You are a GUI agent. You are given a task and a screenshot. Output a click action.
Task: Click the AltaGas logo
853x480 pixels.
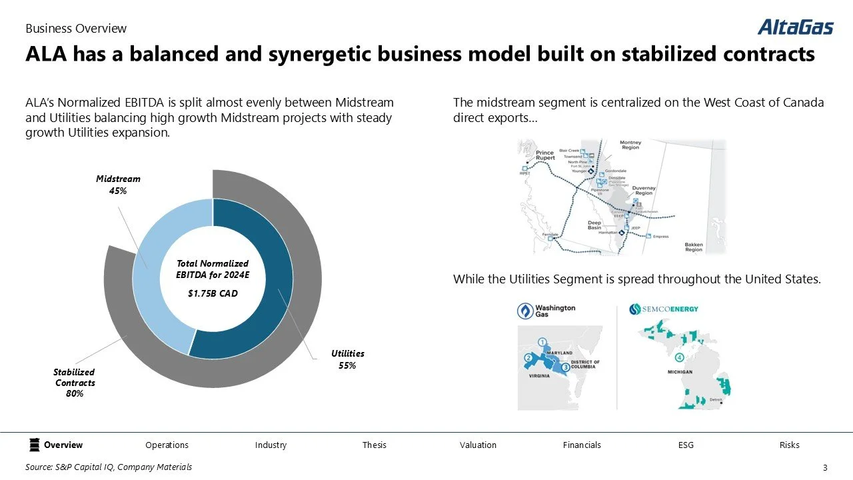(795, 27)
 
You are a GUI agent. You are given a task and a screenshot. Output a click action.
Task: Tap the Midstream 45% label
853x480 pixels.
(118, 185)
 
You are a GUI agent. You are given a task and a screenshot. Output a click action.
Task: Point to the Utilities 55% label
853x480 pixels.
(347, 359)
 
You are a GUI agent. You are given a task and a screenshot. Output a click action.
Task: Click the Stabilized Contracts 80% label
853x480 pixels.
(75, 383)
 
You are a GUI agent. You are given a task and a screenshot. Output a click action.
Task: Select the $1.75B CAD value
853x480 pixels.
(212, 293)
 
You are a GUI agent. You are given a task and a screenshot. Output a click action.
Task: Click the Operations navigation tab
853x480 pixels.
(167, 445)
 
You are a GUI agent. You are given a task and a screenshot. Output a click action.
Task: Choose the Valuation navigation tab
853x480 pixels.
(478, 445)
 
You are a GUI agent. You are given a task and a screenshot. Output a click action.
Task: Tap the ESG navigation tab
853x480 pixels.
(686, 445)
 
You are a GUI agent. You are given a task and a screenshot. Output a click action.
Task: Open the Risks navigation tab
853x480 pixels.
(789, 445)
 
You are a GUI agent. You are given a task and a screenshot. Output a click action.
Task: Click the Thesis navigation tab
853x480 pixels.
(374, 445)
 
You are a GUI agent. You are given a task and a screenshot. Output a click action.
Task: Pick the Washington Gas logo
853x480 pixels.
(546, 311)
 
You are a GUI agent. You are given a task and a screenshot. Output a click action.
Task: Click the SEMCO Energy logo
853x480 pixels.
(664, 309)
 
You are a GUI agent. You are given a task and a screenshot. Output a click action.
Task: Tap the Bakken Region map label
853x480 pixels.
(694, 247)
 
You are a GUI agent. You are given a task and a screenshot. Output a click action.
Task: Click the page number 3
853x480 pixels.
(825, 467)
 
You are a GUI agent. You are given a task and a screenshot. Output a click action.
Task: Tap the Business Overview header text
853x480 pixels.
(76, 29)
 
